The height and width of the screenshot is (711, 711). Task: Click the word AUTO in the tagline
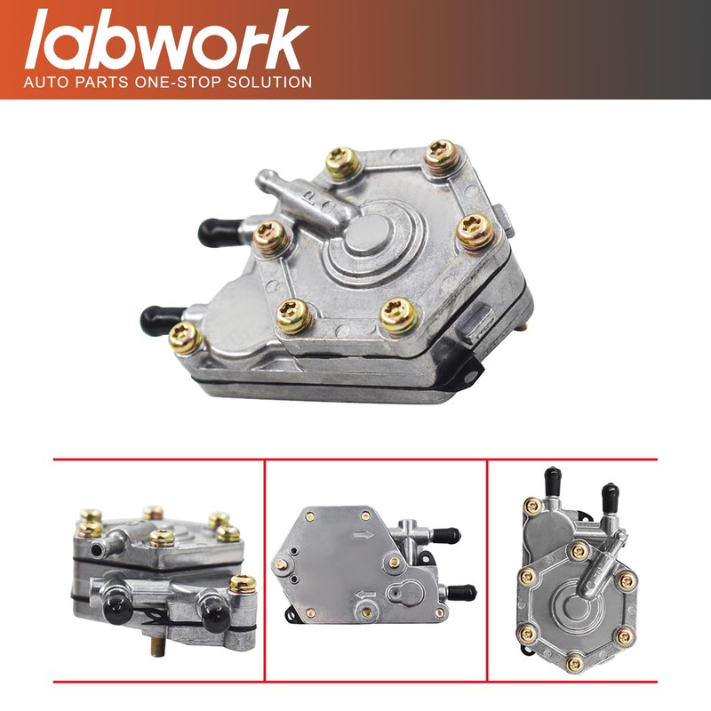[x=45, y=82]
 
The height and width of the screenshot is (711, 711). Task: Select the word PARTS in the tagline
[x=100, y=82]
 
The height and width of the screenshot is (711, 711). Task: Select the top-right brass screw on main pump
[x=440, y=157]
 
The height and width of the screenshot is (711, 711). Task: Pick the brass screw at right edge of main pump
[x=475, y=233]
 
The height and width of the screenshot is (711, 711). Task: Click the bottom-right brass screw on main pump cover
[x=399, y=315]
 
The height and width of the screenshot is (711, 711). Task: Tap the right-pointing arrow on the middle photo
[x=363, y=536]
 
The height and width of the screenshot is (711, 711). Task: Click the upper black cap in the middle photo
[x=448, y=535]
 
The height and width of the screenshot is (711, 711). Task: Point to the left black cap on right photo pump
[x=554, y=481]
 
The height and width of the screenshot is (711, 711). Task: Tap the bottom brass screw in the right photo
[x=574, y=660]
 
